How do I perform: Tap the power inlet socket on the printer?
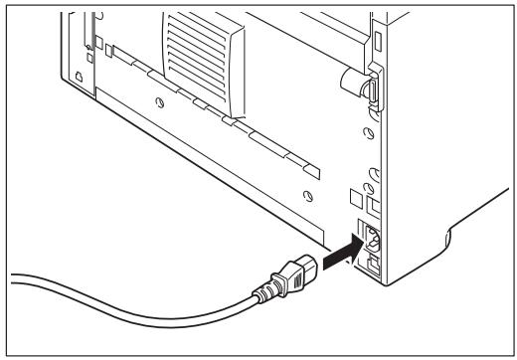(x=370, y=238)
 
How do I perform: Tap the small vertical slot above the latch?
(x=377, y=41)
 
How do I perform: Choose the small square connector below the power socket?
(x=369, y=264)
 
